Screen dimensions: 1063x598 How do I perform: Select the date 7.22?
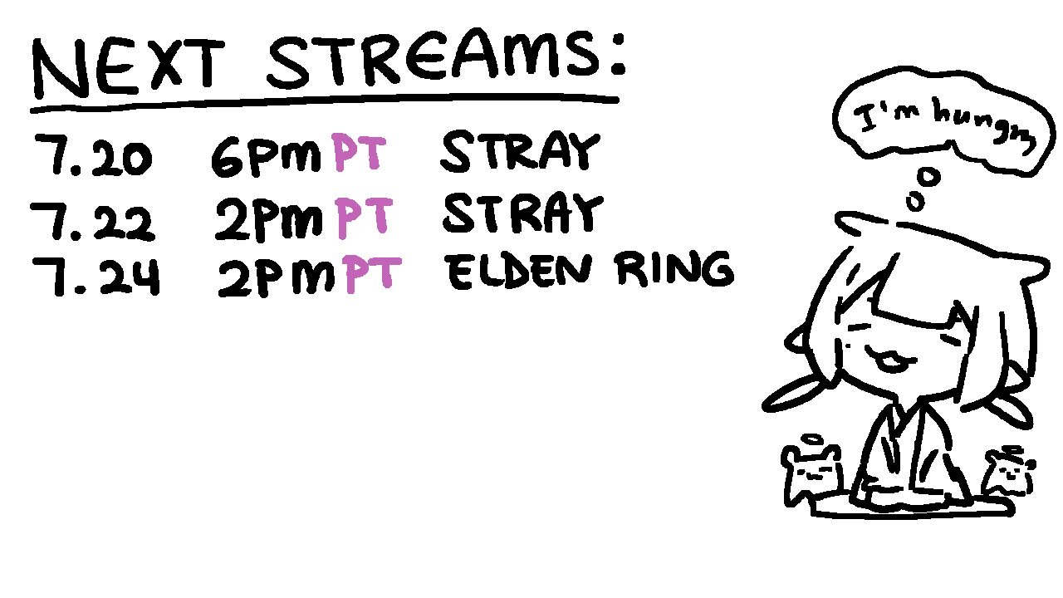[x=92, y=219]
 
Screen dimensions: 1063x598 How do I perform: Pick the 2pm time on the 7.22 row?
[x=269, y=219]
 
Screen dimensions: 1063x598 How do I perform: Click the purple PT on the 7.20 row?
[x=358, y=152]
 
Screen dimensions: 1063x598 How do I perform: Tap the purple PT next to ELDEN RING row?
[x=373, y=274]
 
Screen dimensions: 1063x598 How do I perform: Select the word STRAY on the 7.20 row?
[x=521, y=152]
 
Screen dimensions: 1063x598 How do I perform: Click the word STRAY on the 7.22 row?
[x=523, y=213]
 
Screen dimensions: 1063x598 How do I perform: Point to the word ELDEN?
[x=520, y=272]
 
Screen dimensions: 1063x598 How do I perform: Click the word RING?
[x=675, y=270]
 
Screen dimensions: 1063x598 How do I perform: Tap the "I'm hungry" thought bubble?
[x=944, y=122]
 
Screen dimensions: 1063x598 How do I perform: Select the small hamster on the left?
[x=811, y=473]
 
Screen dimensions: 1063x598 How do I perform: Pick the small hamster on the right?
[x=1009, y=473]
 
